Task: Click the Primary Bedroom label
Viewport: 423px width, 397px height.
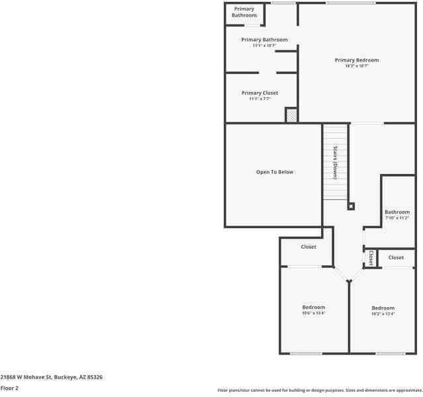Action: pos(356,60)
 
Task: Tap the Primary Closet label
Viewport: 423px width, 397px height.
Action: pos(259,93)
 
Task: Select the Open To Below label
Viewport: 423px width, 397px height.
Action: pos(275,172)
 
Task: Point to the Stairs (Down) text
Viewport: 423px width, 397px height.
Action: pos(336,163)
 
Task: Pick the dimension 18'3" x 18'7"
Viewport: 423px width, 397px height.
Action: pos(356,66)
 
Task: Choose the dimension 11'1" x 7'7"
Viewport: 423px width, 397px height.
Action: pos(259,99)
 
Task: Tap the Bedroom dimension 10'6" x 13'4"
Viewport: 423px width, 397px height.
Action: pos(314,314)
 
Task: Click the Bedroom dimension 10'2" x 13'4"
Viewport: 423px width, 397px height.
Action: pos(383,314)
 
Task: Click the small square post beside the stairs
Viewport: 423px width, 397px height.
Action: pos(351,206)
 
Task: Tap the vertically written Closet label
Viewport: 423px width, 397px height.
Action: pos(371,257)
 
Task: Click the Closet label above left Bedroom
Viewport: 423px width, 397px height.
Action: pos(308,247)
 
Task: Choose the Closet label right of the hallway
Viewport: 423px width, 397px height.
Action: pos(396,257)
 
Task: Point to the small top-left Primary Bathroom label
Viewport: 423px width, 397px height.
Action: pos(244,12)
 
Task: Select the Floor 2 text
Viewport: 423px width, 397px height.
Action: pos(9,388)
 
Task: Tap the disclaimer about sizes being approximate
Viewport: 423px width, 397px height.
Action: pos(319,390)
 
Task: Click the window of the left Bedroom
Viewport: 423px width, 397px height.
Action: pos(306,353)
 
